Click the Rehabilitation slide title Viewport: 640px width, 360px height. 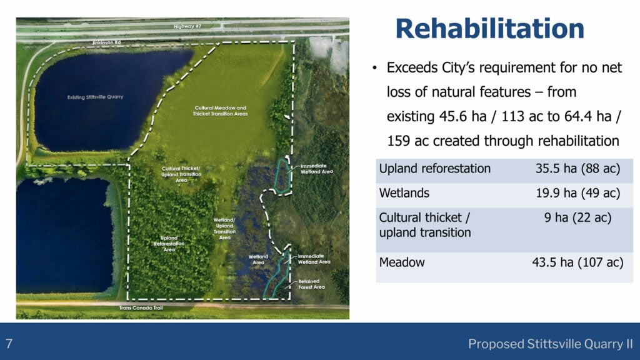(x=489, y=29)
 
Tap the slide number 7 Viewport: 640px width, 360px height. (x=9, y=343)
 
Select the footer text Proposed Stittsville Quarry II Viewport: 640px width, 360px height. (x=550, y=344)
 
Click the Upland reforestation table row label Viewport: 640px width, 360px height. (x=435, y=169)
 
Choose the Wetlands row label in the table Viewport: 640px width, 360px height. (x=404, y=193)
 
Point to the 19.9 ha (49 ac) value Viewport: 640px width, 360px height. (x=577, y=193)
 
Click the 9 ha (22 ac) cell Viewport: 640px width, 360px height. (x=577, y=218)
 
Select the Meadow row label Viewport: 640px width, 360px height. (x=402, y=262)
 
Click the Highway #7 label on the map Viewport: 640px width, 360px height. (x=188, y=27)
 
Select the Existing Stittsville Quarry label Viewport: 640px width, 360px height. (x=96, y=97)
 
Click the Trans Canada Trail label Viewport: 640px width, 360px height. (x=137, y=307)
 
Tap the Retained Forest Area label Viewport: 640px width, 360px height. (x=312, y=284)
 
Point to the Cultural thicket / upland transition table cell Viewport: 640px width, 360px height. (x=425, y=225)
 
